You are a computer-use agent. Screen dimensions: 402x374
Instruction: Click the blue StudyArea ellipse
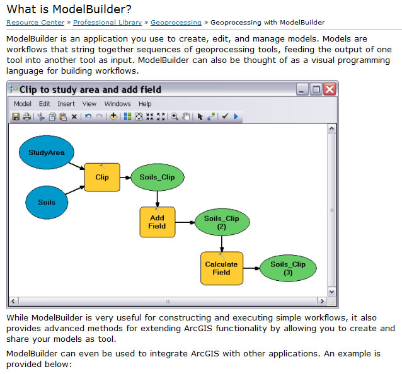(x=47, y=152)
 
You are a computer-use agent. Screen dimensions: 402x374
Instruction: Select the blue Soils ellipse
(x=47, y=202)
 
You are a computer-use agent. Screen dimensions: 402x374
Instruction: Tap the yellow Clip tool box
(x=102, y=178)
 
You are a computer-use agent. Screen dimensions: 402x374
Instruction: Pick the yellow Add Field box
(x=158, y=222)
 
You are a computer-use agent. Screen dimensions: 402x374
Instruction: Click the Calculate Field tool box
(x=222, y=268)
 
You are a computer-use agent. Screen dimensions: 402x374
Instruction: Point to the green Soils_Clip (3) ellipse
(x=288, y=268)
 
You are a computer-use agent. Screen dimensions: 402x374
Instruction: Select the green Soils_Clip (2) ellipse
(x=222, y=222)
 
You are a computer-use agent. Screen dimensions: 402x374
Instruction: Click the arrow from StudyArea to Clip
(x=77, y=166)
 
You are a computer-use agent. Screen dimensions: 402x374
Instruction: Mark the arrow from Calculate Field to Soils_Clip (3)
(x=251, y=268)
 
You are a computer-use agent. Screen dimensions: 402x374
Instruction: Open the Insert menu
(x=66, y=104)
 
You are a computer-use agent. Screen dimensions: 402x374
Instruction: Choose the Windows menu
(x=117, y=104)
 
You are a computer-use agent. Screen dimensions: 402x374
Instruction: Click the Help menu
(x=145, y=104)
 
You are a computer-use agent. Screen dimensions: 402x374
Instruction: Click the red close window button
(x=330, y=89)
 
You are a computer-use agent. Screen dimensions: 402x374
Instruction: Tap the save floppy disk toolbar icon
(x=16, y=116)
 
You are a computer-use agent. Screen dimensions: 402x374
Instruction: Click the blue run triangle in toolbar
(x=236, y=116)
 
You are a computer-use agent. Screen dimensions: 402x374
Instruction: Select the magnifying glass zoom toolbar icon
(x=175, y=116)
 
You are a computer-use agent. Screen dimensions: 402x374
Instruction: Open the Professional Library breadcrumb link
(x=107, y=23)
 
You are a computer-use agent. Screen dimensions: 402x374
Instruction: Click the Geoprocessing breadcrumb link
(x=176, y=23)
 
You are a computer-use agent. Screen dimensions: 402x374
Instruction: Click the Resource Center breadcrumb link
(x=35, y=23)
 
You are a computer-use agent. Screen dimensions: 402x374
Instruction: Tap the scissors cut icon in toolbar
(x=41, y=116)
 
